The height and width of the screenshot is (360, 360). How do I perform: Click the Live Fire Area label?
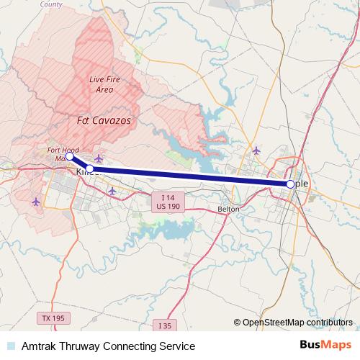point(102,84)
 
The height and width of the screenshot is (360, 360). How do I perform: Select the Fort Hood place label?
point(63,149)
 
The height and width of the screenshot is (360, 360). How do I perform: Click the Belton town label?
point(228,210)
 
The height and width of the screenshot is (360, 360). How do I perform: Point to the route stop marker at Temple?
point(290,184)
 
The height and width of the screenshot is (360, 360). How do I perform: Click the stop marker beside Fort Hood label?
point(69,156)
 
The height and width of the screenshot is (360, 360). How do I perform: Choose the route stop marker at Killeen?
point(90,169)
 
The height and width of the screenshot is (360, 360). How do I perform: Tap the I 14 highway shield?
point(168,197)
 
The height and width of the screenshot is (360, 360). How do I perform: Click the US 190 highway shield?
point(168,207)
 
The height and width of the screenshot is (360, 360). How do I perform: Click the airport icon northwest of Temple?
point(257,150)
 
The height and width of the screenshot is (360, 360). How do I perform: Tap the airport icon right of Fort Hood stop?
point(99,158)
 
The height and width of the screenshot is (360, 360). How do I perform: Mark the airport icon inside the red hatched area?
point(37,201)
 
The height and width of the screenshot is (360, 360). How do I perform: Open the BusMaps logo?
point(326,346)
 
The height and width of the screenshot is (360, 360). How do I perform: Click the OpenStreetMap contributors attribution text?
point(297,323)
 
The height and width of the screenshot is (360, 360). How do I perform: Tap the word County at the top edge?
point(50,4)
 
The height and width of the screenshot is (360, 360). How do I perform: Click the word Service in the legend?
point(176,346)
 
